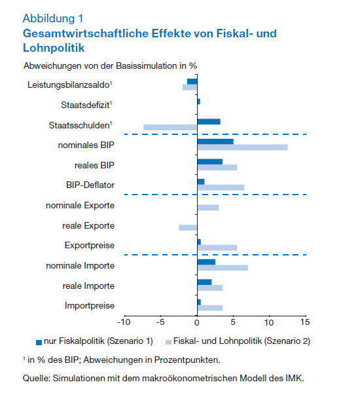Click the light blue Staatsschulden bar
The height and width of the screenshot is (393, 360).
coord(170,127)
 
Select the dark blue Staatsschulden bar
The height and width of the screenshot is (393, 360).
coord(209,122)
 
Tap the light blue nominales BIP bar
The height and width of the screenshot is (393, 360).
coord(242,147)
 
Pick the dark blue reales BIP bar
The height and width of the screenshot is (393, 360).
coord(210,162)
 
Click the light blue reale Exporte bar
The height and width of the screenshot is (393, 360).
coord(188,227)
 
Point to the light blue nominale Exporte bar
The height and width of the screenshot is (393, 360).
coord(208,208)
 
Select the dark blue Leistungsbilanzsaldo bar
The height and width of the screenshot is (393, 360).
coord(192,81)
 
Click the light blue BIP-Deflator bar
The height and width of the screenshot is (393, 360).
coord(221,187)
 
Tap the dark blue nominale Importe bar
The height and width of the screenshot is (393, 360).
coord(206,262)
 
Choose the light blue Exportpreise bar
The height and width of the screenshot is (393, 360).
coord(217,248)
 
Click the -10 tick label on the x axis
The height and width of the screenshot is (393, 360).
coord(124,322)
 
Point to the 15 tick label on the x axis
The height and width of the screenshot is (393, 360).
coord(305,322)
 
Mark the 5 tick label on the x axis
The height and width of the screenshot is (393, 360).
coord(233,322)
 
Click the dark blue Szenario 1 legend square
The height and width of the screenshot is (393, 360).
coord(39,343)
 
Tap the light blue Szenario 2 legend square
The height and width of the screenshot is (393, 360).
coord(168,342)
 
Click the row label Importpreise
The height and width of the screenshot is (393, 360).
coord(90,305)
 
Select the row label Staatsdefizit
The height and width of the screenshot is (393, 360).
coord(86,105)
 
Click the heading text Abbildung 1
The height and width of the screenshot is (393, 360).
coord(53,18)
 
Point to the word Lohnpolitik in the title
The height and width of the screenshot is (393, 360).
coord(54,48)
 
